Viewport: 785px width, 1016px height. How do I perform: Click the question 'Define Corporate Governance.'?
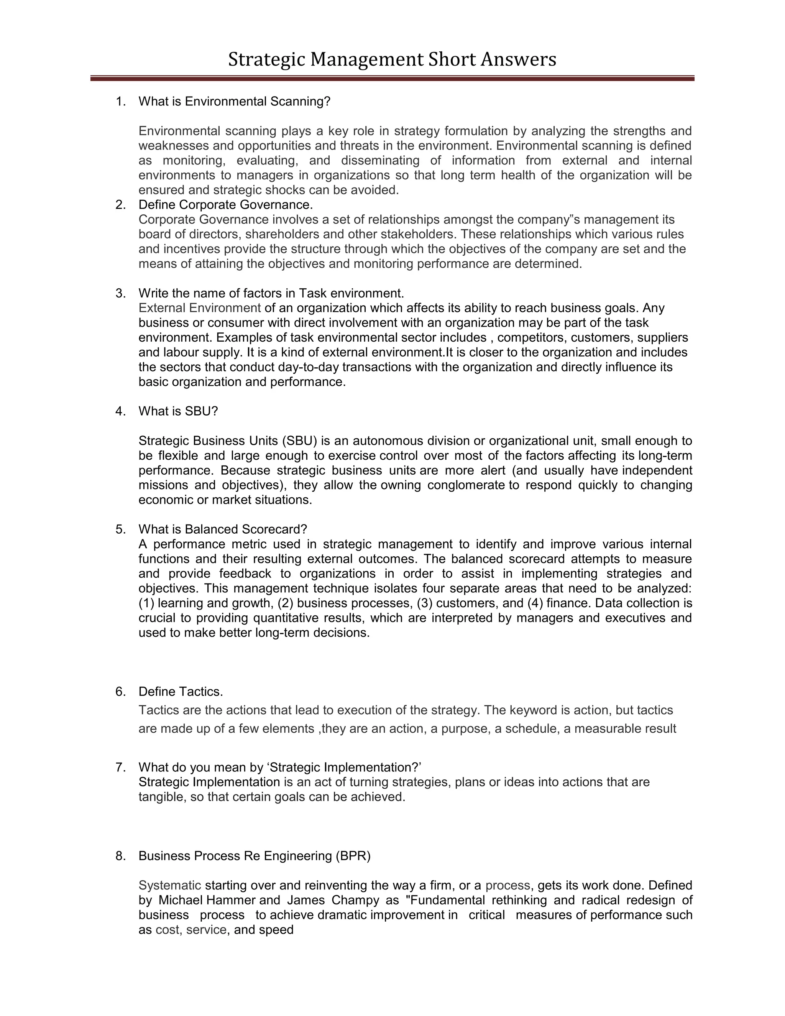click(225, 205)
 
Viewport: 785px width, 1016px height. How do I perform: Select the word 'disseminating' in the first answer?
click(380, 161)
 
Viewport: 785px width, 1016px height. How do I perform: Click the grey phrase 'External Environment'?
click(199, 308)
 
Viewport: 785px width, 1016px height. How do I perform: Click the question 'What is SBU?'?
click(178, 411)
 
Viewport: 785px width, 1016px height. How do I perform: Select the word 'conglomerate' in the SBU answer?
click(465, 485)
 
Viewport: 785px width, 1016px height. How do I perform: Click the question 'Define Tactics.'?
click(181, 692)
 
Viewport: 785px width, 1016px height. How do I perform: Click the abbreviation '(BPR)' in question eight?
click(353, 856)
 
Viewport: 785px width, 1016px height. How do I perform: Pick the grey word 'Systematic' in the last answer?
click(170, 885)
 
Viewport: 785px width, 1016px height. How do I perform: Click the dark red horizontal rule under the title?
click(392, 79)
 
